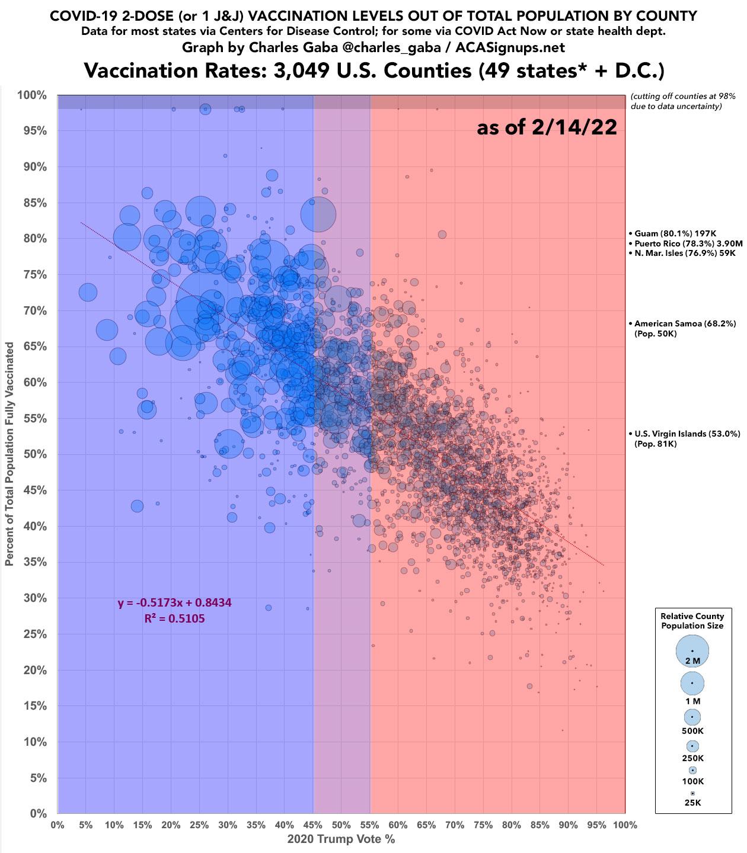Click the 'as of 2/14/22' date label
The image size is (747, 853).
[x=547, y=128]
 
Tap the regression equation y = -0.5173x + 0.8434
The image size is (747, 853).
[x=174, y=604]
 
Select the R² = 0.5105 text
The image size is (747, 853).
[x=174, y=618]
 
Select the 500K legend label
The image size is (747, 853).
[x=692, y=731]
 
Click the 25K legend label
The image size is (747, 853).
[x=692, y=803]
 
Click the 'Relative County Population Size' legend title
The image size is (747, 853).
[x=692, y=621]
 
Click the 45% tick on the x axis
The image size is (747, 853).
[x=313, y=825]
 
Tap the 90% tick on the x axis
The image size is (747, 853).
[x=568, y=825]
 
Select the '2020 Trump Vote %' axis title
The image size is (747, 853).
[x=341, y=839]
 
